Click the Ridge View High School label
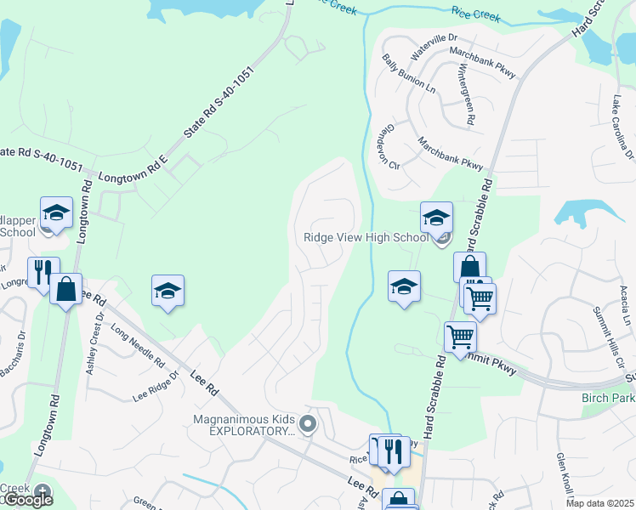pyautogui.click(x=366, y=238)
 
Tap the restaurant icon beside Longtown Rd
pyautogui.click(x=43, y=272)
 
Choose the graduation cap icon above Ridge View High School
pyautogui.click(x=435, y=218)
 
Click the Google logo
pyautogui.click(x=27, y=501)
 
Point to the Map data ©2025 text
pyautogui.click(x=599, y=503)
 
